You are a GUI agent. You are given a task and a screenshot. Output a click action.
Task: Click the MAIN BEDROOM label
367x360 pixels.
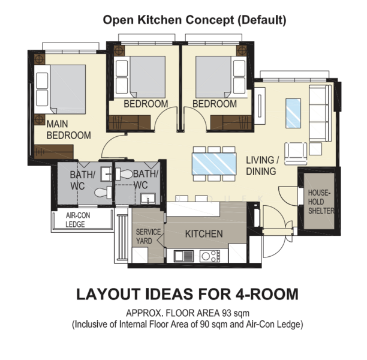[68, 130]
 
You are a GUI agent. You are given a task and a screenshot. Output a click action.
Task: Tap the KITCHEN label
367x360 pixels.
[204, 234]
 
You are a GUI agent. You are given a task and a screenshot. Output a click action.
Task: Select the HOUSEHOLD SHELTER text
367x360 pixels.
[321, 202]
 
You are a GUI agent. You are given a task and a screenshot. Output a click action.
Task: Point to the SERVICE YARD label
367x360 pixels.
[148, 236]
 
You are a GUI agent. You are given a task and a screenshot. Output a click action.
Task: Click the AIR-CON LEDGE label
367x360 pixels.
[78, 220]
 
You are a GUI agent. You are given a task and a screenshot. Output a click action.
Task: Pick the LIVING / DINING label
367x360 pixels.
[263, 166]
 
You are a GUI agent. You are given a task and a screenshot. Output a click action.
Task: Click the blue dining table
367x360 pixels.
[214, 164]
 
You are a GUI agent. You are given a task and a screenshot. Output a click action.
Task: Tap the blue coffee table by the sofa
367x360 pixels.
[293, 113]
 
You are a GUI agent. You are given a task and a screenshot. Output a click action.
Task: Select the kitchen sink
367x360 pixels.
[183, 256]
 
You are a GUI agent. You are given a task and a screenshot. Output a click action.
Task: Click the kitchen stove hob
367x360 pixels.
[210, 256]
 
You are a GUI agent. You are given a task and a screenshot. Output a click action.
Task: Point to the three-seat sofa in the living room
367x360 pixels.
[320, 113]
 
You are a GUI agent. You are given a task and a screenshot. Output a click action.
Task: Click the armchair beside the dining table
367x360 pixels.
[296, 154]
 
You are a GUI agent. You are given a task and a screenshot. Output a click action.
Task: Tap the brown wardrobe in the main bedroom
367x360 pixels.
[54, 152]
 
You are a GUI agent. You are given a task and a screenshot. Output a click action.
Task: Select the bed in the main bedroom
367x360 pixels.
[60, 89]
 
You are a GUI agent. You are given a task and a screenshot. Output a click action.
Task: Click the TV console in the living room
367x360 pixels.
[260, 106]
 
